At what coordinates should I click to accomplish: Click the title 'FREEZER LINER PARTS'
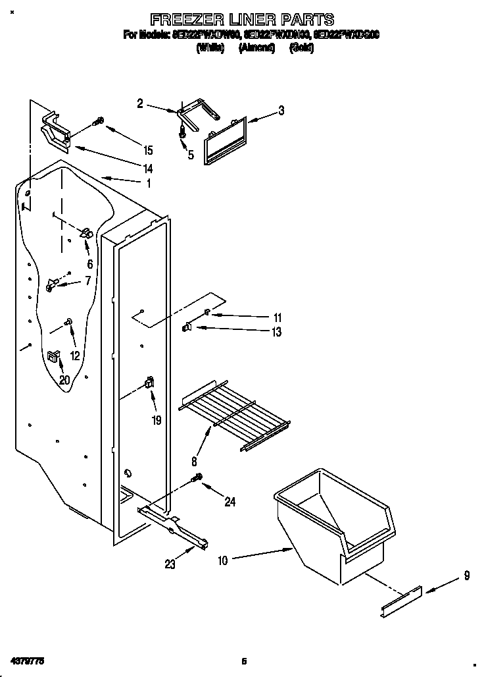[x=242, y=19]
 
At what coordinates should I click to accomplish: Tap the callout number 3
[x=281, y=111]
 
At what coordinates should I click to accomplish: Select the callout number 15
[x=148, y=149]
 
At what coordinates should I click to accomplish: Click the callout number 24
[x=230, y=502]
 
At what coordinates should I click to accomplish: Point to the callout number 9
[x=466, y=576]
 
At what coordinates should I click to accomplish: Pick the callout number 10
[x=222, y=561]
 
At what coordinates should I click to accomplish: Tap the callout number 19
[x=157, y=420]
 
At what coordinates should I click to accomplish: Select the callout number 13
[x=276, y=333]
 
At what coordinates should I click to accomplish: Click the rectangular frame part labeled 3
[x=226, y=140]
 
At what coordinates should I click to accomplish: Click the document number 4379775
[x=27, y=660]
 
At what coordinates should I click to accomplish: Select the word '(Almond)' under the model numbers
[x=256, y=48]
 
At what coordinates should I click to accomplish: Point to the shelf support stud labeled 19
[x=149, y=383]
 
